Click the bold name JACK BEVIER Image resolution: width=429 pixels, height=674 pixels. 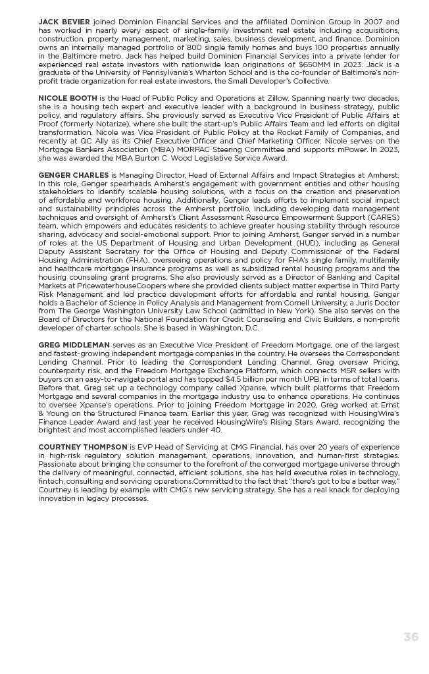[x=64, y=22]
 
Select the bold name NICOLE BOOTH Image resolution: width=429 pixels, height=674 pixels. [x=68, y=98]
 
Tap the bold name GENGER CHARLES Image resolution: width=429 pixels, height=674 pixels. [x=74, y=175]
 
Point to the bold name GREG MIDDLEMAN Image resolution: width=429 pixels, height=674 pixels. [x=74, y=345]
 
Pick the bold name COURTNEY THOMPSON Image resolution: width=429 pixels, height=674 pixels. [x=83, y=447]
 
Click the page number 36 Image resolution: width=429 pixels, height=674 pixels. [x=411, y=636]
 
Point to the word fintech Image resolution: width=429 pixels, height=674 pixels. [x=50, y=481]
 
